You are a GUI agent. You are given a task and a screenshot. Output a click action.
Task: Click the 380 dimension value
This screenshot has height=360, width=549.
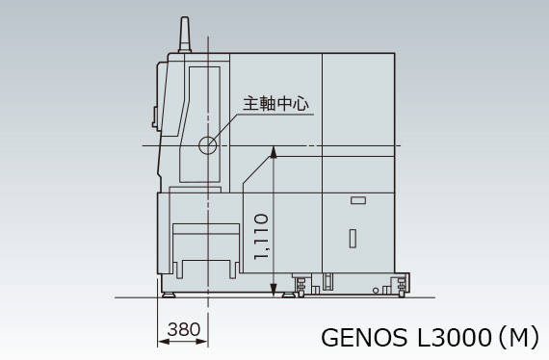[184, 329]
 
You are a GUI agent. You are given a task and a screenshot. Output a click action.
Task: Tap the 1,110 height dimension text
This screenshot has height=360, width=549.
[261, 237]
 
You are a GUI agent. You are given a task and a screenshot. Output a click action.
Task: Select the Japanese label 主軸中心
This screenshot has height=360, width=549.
[276, 104]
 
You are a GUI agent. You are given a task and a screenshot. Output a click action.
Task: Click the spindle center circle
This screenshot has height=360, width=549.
[208, 145]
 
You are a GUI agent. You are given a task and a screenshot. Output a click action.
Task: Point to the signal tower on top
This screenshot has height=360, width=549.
[185, 35]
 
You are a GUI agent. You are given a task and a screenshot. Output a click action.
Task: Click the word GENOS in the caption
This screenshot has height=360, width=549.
[364, 338]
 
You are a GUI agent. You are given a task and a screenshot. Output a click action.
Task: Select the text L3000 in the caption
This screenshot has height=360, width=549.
[455, 338]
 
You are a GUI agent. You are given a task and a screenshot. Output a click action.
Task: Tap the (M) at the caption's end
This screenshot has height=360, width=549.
[518, 337]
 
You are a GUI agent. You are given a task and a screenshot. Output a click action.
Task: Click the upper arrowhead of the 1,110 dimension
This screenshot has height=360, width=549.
[274, 152]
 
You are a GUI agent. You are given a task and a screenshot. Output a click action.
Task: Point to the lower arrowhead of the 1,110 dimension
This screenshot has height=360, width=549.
[274, 291]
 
